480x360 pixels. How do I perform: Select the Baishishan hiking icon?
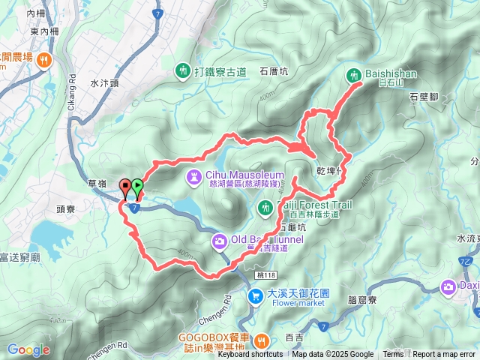(x=354, y=75)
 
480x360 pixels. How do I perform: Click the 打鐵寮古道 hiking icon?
(x=183, y=71)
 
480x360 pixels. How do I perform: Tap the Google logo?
(x=28, y=349)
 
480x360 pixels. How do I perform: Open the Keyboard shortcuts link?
(x=250, y=355)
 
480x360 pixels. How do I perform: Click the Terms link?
(x=393, y=355)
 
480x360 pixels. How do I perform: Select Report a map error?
(x=444, y=355)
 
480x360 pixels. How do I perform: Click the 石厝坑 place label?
(x=274, y=72)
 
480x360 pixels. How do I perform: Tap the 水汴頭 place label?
(x=104, y=83)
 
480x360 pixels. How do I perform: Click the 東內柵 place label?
(x=44, y=31)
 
